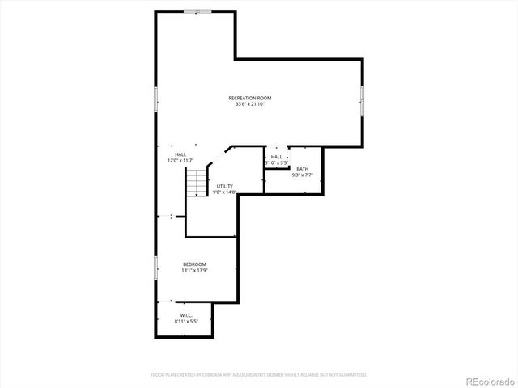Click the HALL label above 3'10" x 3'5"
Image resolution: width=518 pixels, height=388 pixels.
click(x=277, y=157)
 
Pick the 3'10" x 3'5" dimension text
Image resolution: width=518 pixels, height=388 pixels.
click(x=277, y=162)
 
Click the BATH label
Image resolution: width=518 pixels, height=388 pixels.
click(x=302, y=168)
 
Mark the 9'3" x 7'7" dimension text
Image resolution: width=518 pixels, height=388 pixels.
click(x=302, y=175)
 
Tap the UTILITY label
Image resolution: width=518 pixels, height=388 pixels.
click(x=224, y=186)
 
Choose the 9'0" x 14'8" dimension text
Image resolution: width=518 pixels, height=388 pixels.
click(x=224, y=192)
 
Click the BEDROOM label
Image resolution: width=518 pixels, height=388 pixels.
click(x=194, y=264)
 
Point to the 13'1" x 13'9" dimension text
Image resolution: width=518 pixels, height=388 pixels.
click(x=194, y=271)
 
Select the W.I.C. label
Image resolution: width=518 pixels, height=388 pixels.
click(x=185, y=315)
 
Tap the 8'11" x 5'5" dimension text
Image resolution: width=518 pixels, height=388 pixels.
click(x=185, y=322)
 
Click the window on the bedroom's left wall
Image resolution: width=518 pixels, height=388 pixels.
click(x=155, y=269)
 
